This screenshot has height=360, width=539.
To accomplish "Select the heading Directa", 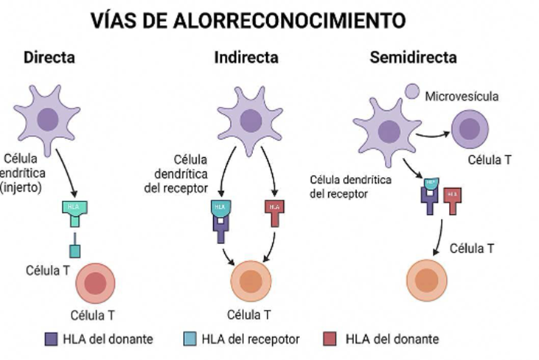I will click(49, 57).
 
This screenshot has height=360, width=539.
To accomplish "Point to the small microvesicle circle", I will click(412, 92).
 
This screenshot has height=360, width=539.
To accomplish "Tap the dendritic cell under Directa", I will click(49, 118).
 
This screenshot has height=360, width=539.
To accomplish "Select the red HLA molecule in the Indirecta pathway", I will click(274, 210).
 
